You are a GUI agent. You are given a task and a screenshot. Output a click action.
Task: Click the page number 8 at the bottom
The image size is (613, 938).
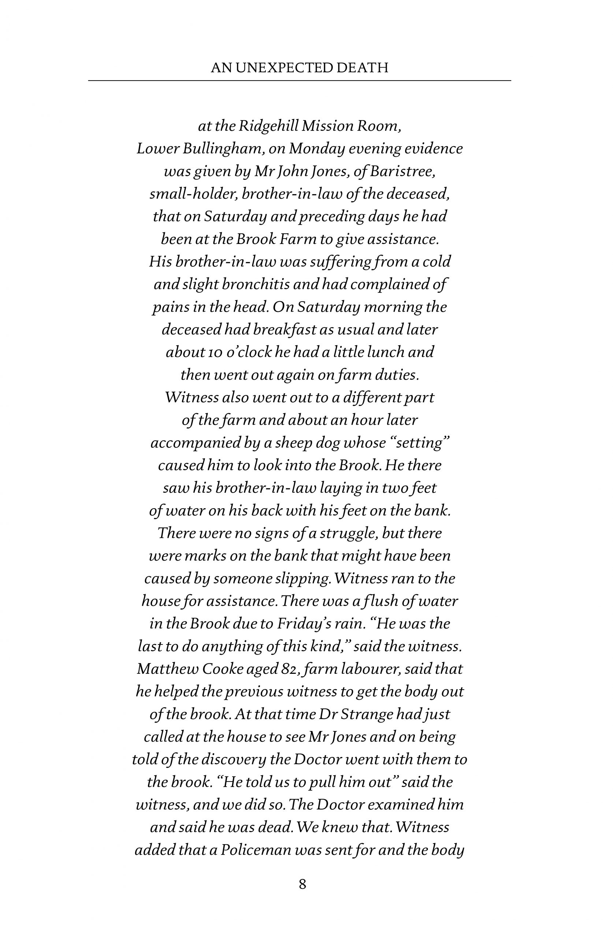click(302, 884)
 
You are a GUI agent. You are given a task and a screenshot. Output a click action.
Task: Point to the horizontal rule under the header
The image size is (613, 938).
click(300, 81)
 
